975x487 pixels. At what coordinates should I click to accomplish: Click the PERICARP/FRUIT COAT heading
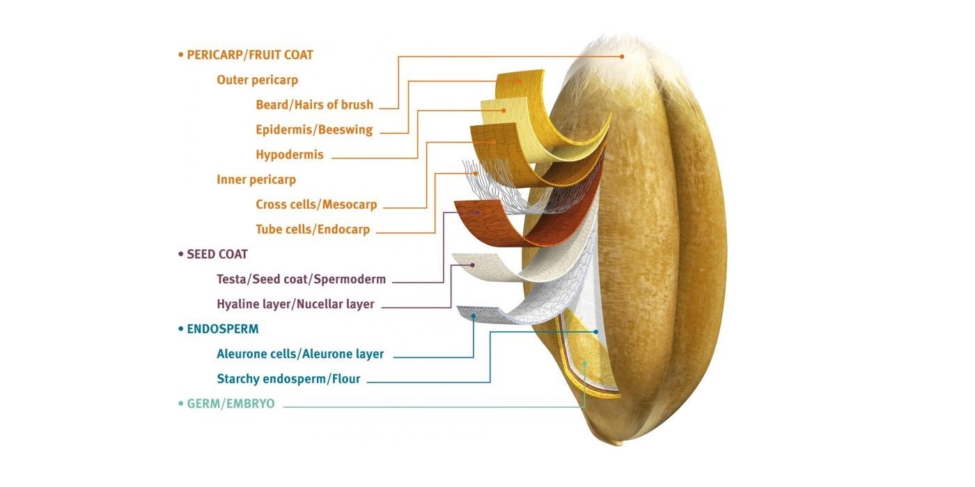click(x=249, y=55)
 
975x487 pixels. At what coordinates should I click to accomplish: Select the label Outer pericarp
click(x=257, y=80)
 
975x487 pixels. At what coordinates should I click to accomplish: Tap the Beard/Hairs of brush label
click(x=314, y=105)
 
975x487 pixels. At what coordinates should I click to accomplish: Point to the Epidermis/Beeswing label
click(x=314, y=130)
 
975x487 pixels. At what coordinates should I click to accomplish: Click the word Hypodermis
click(x=290, y=154)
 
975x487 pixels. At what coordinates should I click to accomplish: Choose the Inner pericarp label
click(x=256, y=179)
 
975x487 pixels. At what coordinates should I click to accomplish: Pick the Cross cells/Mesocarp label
click(x=316, y=205)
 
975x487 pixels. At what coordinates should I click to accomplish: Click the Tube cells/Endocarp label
click(x=313, y=230)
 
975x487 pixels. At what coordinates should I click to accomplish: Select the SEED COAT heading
click(x=217, y=255)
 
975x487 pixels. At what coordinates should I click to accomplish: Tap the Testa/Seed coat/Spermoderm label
click(x=301, y=280)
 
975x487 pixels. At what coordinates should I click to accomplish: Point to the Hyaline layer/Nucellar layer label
click(x=295, y=304)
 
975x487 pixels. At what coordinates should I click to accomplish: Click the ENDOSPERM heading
click(x=222, y=329)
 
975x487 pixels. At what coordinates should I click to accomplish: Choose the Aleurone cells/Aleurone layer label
click(x=300, y=354)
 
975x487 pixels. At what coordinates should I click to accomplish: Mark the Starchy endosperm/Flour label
click(x=288, y=379)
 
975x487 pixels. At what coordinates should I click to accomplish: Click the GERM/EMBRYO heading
click(x=231, y=404)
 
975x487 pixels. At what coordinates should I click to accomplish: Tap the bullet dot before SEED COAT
click(x=181, y=255)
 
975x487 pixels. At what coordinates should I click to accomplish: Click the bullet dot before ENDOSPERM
click(x=181, y=329)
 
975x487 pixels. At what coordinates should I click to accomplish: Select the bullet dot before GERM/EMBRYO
click(x=181, y=404)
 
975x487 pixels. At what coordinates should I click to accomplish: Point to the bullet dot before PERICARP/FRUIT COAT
click(x=181, y=55)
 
